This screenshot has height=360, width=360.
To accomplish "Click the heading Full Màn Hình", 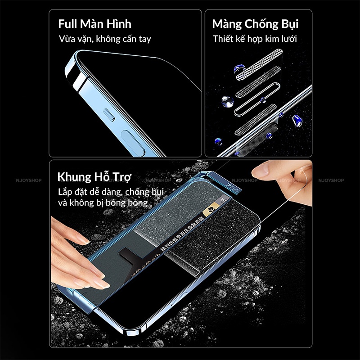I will pos(94,24).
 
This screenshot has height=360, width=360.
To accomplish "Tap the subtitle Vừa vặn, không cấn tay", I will pos(104,39).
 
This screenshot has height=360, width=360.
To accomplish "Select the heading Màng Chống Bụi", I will pos(255,24).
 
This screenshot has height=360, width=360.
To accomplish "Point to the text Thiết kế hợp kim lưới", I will pos(255,39).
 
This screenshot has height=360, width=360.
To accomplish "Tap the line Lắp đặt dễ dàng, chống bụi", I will pos(111,192).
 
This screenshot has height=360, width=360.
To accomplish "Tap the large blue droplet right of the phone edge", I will pos(297,120).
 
